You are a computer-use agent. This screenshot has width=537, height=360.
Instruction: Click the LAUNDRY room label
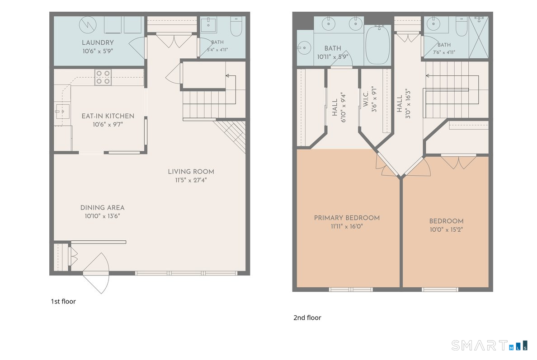click(98, 43)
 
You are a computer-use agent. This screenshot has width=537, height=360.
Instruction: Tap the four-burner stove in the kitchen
click(103, 77)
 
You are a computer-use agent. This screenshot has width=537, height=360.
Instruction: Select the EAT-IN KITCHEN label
click(108, 116)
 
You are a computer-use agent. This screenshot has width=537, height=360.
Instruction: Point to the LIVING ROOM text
click(191, 172)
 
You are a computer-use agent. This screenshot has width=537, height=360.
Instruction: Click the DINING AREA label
click(103, 208)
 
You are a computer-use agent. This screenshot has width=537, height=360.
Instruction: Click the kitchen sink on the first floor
click(62, 111)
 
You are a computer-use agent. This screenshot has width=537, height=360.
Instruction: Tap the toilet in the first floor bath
click(236, 26)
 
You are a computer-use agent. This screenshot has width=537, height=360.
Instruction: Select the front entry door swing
click(96, 273)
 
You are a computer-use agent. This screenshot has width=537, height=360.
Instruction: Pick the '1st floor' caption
click(63, 301)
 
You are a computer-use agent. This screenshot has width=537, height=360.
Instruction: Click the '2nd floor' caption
click(307, 318)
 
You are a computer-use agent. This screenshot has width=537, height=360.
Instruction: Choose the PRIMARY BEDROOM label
click(347, 218)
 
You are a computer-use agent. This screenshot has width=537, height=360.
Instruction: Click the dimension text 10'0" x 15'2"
click(446, 229)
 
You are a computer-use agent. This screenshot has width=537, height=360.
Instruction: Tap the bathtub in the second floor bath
click(378, 44)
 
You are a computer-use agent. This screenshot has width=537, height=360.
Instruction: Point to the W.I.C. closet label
click(366, 99)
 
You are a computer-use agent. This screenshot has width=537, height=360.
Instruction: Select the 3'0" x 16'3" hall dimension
click(408, 104)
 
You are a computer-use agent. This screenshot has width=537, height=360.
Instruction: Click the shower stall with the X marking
click(478, 37)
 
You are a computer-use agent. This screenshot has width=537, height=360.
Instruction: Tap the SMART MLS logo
click(490, 345)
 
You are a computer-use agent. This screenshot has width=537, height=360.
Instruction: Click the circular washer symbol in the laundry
click(88, 25)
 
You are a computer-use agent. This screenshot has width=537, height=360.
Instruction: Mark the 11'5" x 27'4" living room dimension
click(191, 180)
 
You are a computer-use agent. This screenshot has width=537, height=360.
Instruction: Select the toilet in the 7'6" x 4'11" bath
click(462, 26)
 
